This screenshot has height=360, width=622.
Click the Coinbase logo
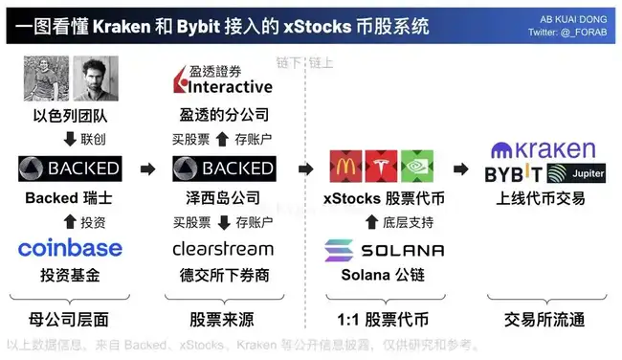point(70,249)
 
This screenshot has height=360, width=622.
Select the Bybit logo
point(514,174)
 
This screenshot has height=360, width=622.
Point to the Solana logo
point(384,250)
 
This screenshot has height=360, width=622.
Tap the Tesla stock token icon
point(382,168)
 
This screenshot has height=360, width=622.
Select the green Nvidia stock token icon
point(418,168)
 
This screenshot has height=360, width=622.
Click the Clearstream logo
point(223,249)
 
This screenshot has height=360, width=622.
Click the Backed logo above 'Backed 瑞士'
point(70,169)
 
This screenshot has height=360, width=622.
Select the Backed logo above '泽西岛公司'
point(223,169)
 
